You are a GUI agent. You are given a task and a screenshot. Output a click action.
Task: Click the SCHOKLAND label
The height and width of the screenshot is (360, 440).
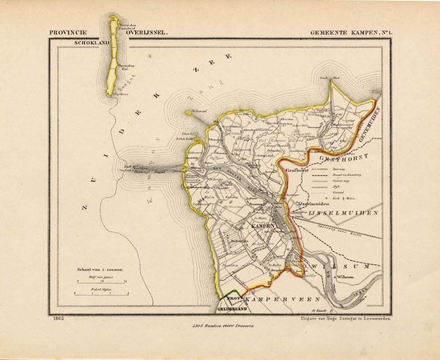(92, 43)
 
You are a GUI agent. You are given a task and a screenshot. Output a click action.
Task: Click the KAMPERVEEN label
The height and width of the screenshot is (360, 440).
(270, 298)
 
